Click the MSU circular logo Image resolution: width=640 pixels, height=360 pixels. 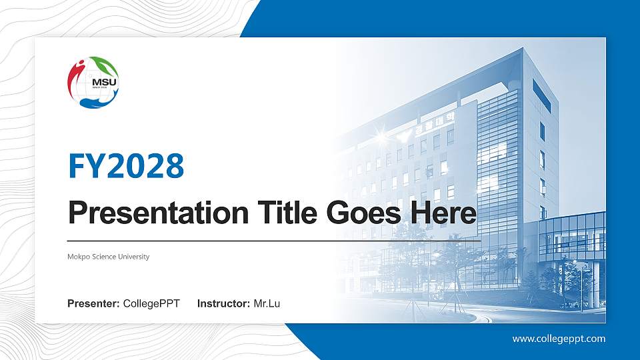coord(93,83)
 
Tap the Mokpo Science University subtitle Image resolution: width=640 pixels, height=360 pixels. coord(108,257)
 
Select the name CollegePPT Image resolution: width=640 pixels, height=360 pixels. coord(151,304)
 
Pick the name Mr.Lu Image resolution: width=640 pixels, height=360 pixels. coord(267,304)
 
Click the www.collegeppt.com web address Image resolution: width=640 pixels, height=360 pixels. coord(559,339)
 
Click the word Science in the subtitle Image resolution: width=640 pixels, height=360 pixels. coord(103,257)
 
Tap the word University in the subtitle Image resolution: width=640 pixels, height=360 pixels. coord(133,257)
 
